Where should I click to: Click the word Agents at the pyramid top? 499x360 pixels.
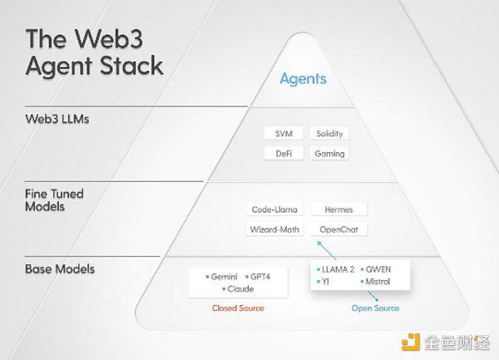click(304, 79)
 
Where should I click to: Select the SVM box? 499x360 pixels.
click(284, 134)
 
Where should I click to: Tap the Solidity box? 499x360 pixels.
click(329, 134)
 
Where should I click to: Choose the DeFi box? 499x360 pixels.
click(284, 153)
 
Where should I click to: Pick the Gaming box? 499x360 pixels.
click(329, 153)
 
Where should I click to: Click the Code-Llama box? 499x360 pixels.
click(274, 210)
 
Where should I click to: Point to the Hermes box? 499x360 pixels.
click(338, 210)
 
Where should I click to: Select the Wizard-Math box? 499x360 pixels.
click(274, 229)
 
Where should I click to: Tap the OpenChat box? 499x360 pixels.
click(338, 229)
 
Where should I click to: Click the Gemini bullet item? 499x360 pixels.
click(221, 277)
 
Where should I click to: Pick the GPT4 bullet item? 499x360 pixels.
click(258, 277)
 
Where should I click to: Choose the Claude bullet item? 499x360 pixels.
click(238, 289)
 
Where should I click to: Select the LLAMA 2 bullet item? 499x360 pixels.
click(336, 269)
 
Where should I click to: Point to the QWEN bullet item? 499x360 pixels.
click(376, 269)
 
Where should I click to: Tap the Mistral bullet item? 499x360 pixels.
click(375, 282)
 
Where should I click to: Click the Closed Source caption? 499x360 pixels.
click(238, 308)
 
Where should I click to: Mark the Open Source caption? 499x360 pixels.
click(375, 308)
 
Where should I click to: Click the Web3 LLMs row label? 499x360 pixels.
click(57, 119)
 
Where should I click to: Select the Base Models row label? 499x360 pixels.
click(60, 269)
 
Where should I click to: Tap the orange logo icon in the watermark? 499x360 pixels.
click(411, 343)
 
